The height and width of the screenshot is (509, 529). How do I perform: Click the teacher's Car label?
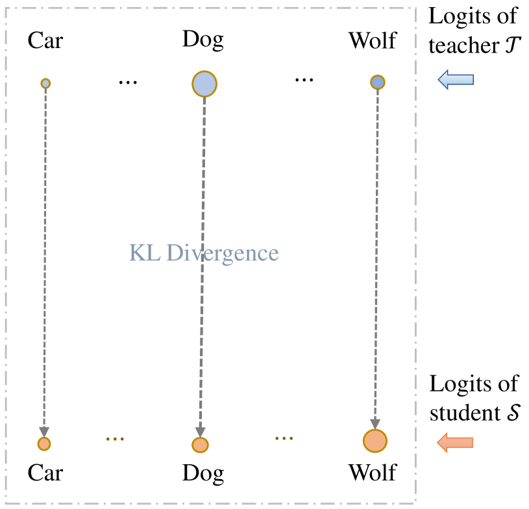tap(45, 41)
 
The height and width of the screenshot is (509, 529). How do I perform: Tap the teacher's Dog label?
tap(203, 40)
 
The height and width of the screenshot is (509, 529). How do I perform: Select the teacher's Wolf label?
tap(373, 41)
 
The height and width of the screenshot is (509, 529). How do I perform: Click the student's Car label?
tap(45, 473)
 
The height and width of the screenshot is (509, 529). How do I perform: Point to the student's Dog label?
tap(203, 473)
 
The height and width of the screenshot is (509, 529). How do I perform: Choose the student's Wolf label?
tap(373, 473)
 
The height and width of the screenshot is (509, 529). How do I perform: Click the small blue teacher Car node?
tap(45, 83)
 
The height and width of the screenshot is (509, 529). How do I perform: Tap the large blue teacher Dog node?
tap(204, 84)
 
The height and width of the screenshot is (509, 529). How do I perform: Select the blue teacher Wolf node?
tap(378, 82)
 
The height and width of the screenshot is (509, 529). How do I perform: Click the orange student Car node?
tap(43, 444)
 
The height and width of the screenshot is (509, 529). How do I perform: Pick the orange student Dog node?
tap(200, 445)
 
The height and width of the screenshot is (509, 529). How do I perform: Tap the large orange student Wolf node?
tap(375, 441)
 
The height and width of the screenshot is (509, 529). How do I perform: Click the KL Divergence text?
tap(204, 252)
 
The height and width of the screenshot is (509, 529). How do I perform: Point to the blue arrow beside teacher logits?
tap(456, 80)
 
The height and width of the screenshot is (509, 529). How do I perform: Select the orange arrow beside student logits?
tap(455, 443)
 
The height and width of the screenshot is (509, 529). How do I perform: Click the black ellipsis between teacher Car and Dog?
tap(129, 83)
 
